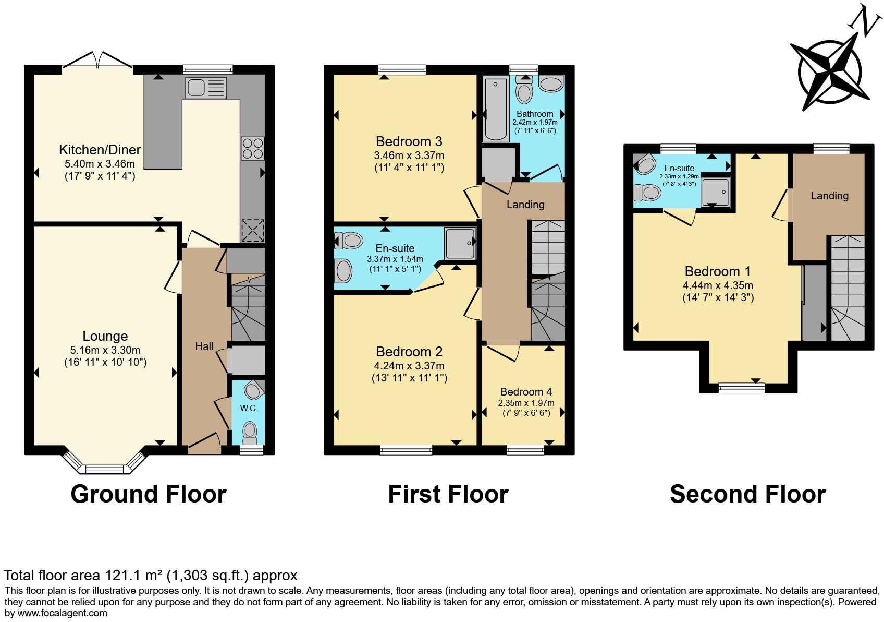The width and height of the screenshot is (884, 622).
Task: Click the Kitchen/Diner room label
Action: click(x=100, y=150)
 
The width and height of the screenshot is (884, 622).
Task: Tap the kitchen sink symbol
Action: click(x=206, y=88)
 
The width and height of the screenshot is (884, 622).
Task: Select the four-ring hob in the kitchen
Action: click(x=253, y=148)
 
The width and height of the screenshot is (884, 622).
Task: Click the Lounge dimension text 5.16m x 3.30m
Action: click(x=105, y=350)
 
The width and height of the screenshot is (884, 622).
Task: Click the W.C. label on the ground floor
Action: click(x=249, y=408)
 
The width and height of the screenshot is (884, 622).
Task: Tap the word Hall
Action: click(x=204, y=346)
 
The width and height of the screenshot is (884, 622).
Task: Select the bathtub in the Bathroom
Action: click(x=495, y=109)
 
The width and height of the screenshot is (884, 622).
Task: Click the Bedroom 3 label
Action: click(x=409, y=141)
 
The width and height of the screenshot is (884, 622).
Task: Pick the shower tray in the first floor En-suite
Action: click(x=460, y=243)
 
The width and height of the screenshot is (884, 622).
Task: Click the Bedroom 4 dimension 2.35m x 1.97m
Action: click(x=526, y=403)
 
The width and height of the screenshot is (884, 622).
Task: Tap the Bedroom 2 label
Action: click(x=409, y=352)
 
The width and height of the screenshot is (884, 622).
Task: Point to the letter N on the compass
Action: click(x=865, y=23)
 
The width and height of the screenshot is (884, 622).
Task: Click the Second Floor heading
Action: click(x=748, y=494)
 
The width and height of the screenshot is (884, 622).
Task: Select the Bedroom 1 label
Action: click(x=717, y=271)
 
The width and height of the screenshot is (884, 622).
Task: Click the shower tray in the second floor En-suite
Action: click(x=716, y=192)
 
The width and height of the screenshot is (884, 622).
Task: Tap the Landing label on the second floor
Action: click(x=830, y=196)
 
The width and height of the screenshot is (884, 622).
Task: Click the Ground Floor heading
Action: click(x=149, y=494)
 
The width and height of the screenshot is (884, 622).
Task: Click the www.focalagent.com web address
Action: click(x=63, y=613)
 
